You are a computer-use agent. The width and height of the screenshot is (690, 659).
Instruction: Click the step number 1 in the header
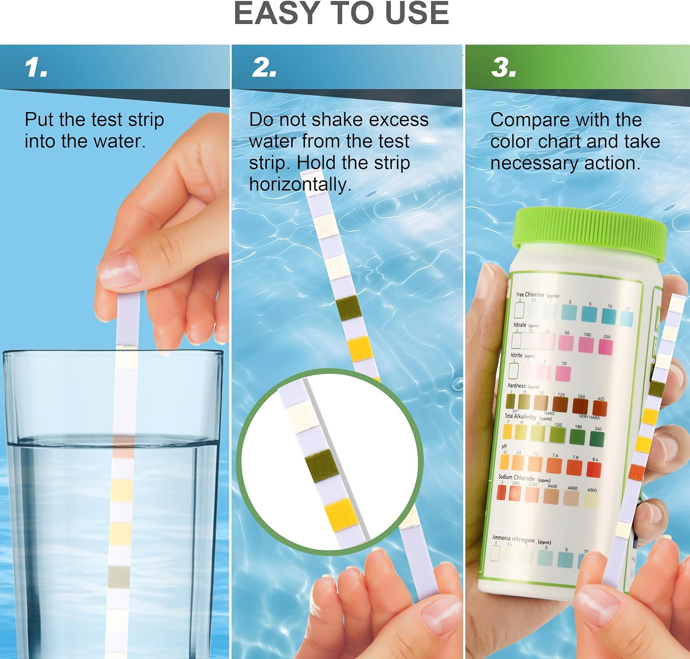[x=36, y=68]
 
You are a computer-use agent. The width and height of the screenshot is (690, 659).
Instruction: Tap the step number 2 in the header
[x=264, y=68]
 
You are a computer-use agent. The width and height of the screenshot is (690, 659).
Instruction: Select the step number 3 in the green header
[x=503, y=68]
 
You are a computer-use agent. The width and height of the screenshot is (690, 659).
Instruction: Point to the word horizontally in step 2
[x=300, y=184]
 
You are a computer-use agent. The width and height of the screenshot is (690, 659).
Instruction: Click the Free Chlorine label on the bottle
[x=530, y=294]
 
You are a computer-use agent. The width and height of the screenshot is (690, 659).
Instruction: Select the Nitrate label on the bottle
[x=520, y=325]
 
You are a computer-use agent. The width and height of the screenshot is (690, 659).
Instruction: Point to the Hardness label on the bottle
[x=516, y=385]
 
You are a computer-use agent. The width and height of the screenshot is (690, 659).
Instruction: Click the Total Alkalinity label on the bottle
[x=520, y=416]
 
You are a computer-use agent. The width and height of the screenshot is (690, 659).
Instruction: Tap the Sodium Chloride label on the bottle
[x=517, y=477]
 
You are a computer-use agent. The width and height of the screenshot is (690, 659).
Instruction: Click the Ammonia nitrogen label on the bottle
[x=513, y=538]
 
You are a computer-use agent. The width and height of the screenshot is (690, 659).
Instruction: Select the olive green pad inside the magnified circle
[x=321, y=465]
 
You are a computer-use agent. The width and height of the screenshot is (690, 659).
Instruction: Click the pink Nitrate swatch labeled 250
[x=605, y=347]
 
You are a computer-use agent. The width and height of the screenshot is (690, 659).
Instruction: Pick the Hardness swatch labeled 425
[x=600, y=408]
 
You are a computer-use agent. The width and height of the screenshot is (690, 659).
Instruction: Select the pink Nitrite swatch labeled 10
[x=563, y=373]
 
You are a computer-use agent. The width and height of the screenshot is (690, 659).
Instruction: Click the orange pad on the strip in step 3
[x=637, y=471]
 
